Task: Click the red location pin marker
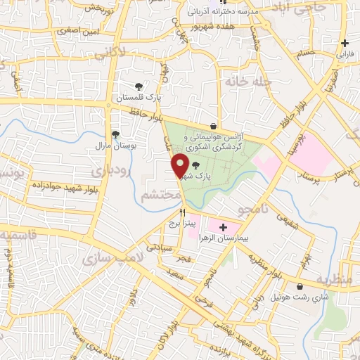click(180, 166)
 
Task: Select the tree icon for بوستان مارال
click(115, 134)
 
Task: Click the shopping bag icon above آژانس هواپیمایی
click(213, 126)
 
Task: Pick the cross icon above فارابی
click(345, 44)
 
